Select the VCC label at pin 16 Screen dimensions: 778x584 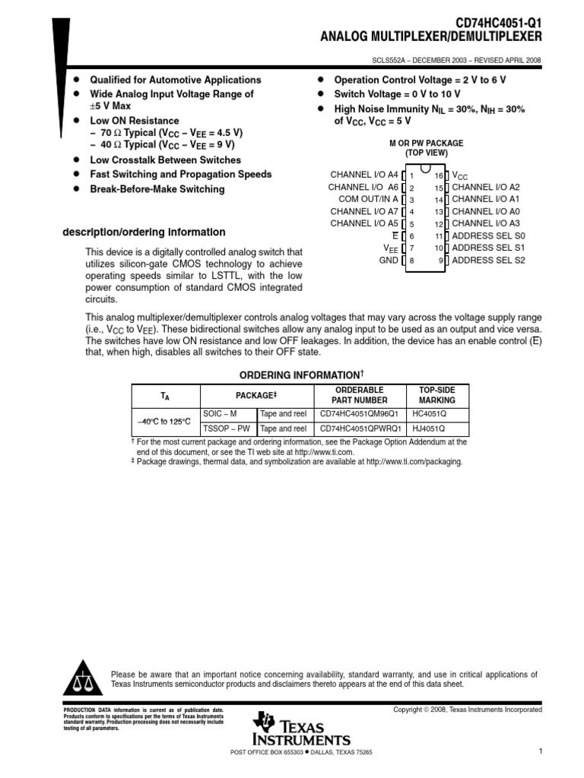point(461,175)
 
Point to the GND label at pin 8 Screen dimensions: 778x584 point(389,261)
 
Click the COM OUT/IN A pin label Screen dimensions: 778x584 point(368,199)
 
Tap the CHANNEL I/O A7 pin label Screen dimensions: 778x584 point(364,211)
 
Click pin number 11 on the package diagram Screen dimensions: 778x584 point(439,236)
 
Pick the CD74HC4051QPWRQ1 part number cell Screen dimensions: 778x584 point(360,429)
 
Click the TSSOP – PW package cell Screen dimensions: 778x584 point(227,429)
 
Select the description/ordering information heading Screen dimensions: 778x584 point(144,232)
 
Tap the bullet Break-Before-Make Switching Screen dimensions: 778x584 point(157,189)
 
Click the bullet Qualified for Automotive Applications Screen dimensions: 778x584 point(175,80)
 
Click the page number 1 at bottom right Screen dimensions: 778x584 point(539,751)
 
